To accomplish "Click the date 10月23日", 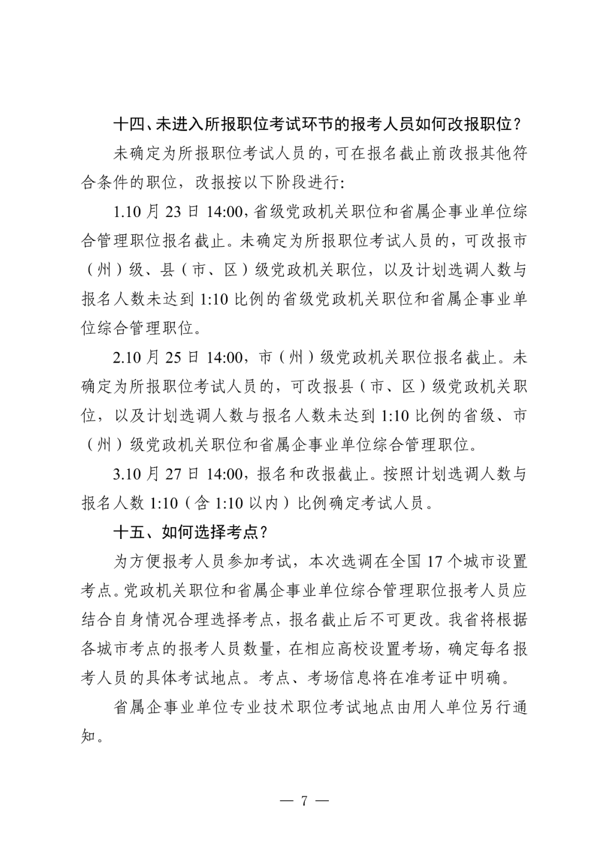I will click(162, 211).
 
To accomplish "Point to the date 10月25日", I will click(162, 357).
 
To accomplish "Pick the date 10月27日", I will click(162, 474).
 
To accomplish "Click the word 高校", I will click(353, 649).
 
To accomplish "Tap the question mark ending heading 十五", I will click(264, 532).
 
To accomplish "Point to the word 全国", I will click(405, 561).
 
